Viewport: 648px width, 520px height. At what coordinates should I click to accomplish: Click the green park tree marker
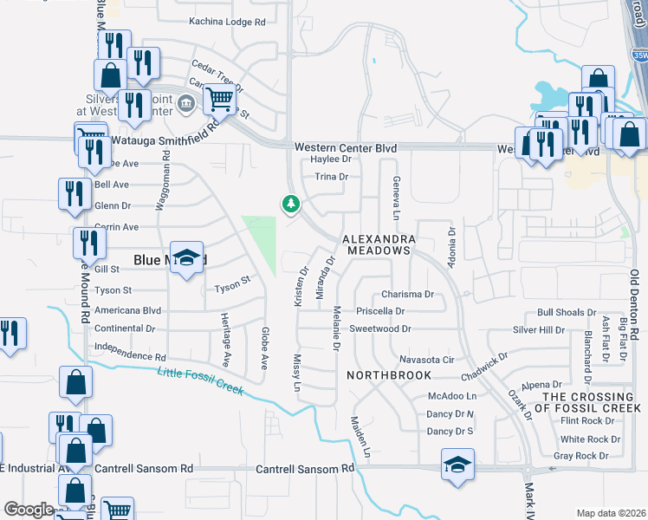(289, 205)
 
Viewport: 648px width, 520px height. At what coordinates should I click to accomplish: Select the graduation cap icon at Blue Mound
(186, 258)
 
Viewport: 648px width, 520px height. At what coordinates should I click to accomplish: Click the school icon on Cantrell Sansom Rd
(457, 464)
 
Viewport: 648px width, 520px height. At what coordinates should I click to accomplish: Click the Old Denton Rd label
(634, 303)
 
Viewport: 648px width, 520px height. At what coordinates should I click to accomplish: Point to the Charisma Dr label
(407, 294)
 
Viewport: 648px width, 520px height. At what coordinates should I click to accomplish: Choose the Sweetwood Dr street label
(379, 329)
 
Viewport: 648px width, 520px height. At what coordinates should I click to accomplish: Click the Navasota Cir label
(426, 359)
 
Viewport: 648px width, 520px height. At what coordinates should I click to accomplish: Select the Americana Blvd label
(127, 309)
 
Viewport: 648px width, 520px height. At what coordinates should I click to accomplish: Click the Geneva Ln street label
(397, 198)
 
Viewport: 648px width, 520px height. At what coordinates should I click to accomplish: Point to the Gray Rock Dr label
(580, 456)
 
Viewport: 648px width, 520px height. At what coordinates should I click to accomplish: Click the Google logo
(29, 510)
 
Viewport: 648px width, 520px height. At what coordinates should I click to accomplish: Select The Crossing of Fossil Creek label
(591, 402)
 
